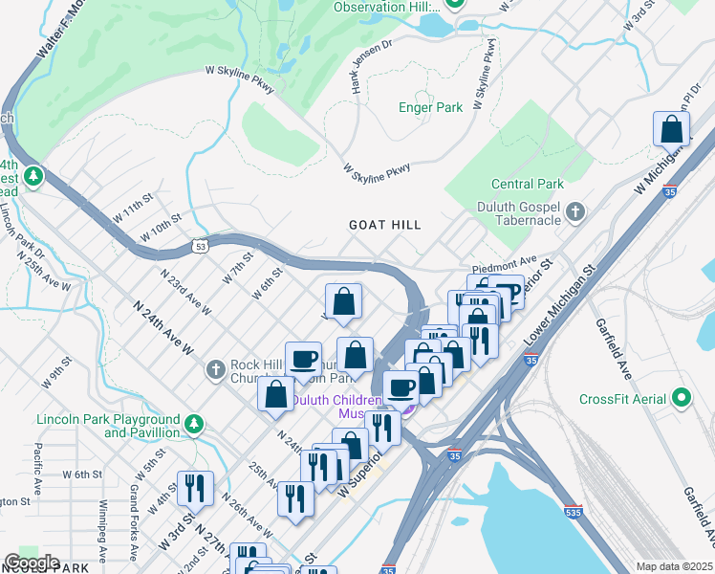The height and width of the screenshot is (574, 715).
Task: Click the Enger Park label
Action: pyautogui.click(x=430, y=107)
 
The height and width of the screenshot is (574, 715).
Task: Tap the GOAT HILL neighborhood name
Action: pyautogui.click(x=385, y=224)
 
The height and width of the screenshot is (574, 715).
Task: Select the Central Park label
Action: pyautogui.click(x=527, y=184)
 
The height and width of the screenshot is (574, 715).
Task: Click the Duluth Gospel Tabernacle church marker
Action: pyautogui.click(x=575, y=210)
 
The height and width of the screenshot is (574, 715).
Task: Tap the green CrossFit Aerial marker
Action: pyautogui.click(x=681, y=397)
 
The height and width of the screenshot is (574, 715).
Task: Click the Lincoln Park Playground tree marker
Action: pyautogui.click(x=194, y=423)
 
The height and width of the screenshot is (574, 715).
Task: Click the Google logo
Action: pyautogui.click(x=32, y=563)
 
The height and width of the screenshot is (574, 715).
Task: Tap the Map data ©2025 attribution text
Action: pyautogui.click(x=673, y=566)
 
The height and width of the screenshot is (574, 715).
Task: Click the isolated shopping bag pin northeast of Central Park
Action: pyautogui.click(x=672, y=130)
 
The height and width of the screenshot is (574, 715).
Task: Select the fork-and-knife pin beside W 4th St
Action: pyautogui.click(x=195, y=489)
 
